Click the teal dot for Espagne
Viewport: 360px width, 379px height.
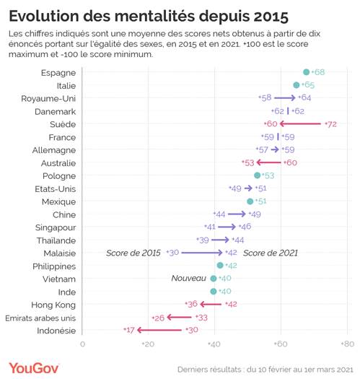coord(306,72)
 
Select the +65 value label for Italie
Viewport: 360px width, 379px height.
coord(307,85)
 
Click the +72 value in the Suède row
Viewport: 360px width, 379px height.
coord(330,124)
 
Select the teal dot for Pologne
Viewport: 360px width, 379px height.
coord(257,175)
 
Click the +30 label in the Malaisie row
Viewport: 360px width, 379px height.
coord(172,253)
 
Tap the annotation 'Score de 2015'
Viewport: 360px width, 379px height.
coord(133,253)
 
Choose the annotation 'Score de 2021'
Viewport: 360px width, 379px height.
coord(270,253)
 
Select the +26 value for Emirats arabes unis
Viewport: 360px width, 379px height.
coord(157,317)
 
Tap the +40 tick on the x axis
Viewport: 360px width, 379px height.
coord(213,344)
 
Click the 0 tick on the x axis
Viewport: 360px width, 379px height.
coord(82,344)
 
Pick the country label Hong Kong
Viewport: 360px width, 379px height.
coord(53,305)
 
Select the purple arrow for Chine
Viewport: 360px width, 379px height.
coord(237,214)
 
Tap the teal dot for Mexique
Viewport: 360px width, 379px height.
coord(250,201)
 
